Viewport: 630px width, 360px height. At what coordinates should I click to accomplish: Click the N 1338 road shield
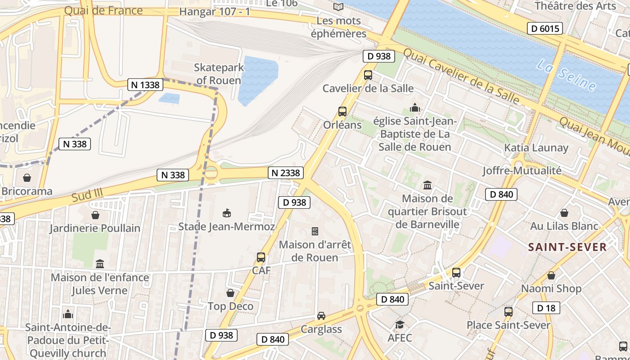145,85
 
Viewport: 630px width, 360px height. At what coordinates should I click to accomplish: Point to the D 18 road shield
546,308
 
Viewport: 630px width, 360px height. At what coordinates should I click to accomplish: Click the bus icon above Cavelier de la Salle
368,75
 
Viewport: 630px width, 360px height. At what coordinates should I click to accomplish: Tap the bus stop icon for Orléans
342,112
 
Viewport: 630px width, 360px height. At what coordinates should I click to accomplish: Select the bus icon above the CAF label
261,257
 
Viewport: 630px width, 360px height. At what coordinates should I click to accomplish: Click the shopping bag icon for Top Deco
230,293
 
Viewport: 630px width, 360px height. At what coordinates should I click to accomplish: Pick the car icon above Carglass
321,316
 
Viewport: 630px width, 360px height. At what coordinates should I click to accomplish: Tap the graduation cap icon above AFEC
400,324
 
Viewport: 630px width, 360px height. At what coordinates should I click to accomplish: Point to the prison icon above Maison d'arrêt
315,231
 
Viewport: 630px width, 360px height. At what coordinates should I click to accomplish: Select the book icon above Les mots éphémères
338,7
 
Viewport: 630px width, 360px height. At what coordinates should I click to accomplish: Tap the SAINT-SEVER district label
567,247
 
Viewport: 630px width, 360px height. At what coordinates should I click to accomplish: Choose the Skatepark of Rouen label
219,74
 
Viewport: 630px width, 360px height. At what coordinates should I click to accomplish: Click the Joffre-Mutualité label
522,171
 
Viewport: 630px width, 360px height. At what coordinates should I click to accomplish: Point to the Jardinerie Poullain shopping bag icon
95,215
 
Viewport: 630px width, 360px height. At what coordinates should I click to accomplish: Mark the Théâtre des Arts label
575,6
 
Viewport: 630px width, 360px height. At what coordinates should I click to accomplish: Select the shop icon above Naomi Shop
551,275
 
